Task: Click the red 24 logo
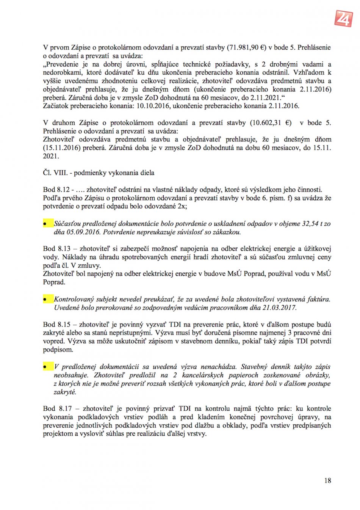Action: (x=343, y=18)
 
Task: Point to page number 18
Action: (x=327, y=480)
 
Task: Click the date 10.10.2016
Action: (x=153, y=106)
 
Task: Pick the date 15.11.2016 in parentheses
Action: (x=61, y=148)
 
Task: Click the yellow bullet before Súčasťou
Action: (x=47, y=224)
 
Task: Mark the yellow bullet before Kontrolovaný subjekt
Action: (x=47, y=300)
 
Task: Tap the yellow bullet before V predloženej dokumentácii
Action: (x=47, y=367)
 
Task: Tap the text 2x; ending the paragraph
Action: (x=182, y=206)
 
